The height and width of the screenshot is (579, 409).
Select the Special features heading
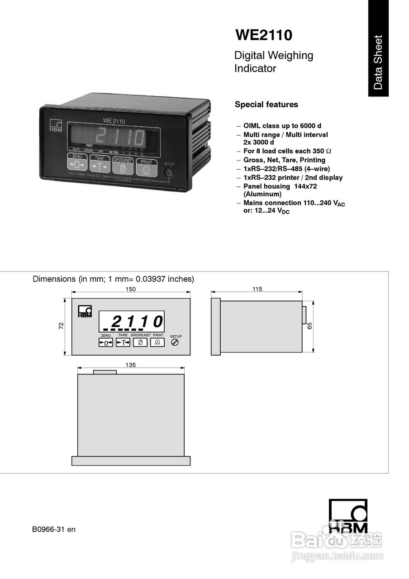[266, 104]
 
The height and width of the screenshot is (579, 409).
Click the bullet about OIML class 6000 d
[282, 126]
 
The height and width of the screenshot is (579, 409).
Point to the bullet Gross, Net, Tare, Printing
[284, 160]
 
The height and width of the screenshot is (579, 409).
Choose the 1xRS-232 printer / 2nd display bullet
[292, 177]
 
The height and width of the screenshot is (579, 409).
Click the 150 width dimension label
[131, 289]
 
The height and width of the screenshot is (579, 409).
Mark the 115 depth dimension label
[257, 289]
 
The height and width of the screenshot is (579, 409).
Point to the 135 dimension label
[130, 365]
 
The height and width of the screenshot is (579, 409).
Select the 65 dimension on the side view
[310, 326]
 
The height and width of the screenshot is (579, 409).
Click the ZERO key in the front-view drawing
[105, 343]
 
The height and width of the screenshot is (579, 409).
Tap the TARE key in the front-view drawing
[123, 343]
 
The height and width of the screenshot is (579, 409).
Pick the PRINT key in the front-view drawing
[157, 342]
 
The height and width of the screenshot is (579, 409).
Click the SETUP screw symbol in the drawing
[175, 343]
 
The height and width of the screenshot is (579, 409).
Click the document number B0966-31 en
[54, 529]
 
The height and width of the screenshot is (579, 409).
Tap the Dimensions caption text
[113, 279]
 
